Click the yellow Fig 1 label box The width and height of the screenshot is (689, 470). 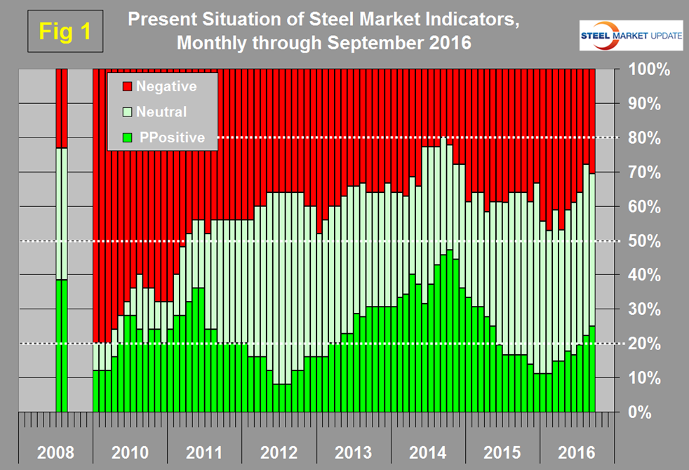pyautogui.click(x=65, y=32)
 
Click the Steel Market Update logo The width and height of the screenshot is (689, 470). pyautogui.click(x=630, y=36)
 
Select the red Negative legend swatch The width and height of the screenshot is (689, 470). pyautogui.click(x=127, y=86)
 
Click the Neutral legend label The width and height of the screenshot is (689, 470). pyautogui.click(x=161, y=112)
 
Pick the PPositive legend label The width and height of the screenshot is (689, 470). pyautogui.click(x=172, y=137)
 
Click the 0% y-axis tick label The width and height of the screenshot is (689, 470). pyautogui.click(x=645, y=412)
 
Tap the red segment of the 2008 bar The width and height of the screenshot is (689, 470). pyautogui.click(x=62, y=108)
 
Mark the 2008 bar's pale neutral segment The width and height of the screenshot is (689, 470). pyautogui.click(x=62, y=213)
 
